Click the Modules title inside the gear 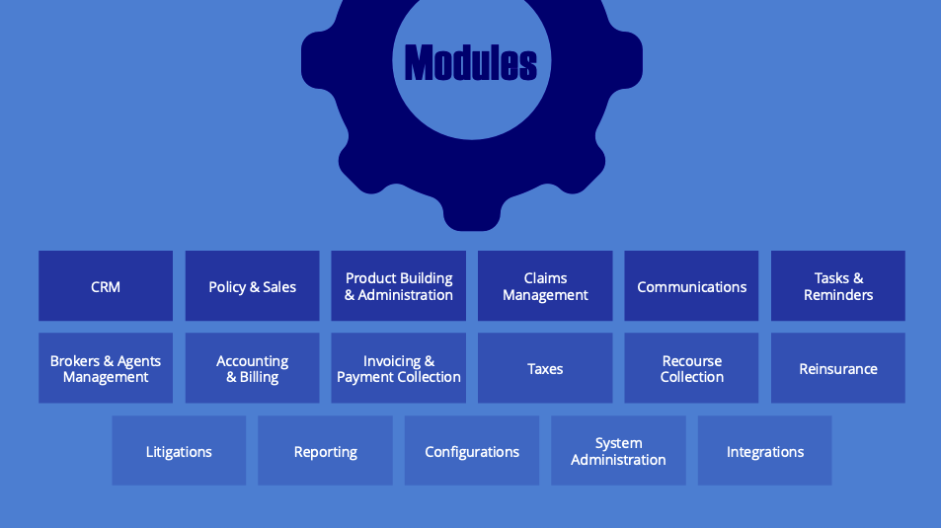click(x=471, y=63)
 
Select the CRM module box click(x=106, y=286)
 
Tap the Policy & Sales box click(x=252, y=286)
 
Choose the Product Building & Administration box click(x=399, y=286)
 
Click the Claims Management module click(x=545, y=286)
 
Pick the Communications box click(x=691, y=286)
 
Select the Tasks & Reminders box click(x=838, y=286)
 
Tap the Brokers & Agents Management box click(x=106, y=368)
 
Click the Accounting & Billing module click(x=252, y=368)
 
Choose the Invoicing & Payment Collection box click(x=399, y=368)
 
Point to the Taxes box click(x=545, y=368)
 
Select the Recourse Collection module click(x=691, y=368)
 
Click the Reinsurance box click(x=838, y=368)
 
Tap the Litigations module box click(x=179, y=451)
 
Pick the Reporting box click(x=325, y=451)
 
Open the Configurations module click(x=472, y=451)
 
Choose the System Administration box click(x=618, y=451)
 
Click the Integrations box click(x=765, y=451)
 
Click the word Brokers click(x=75, y=361)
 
